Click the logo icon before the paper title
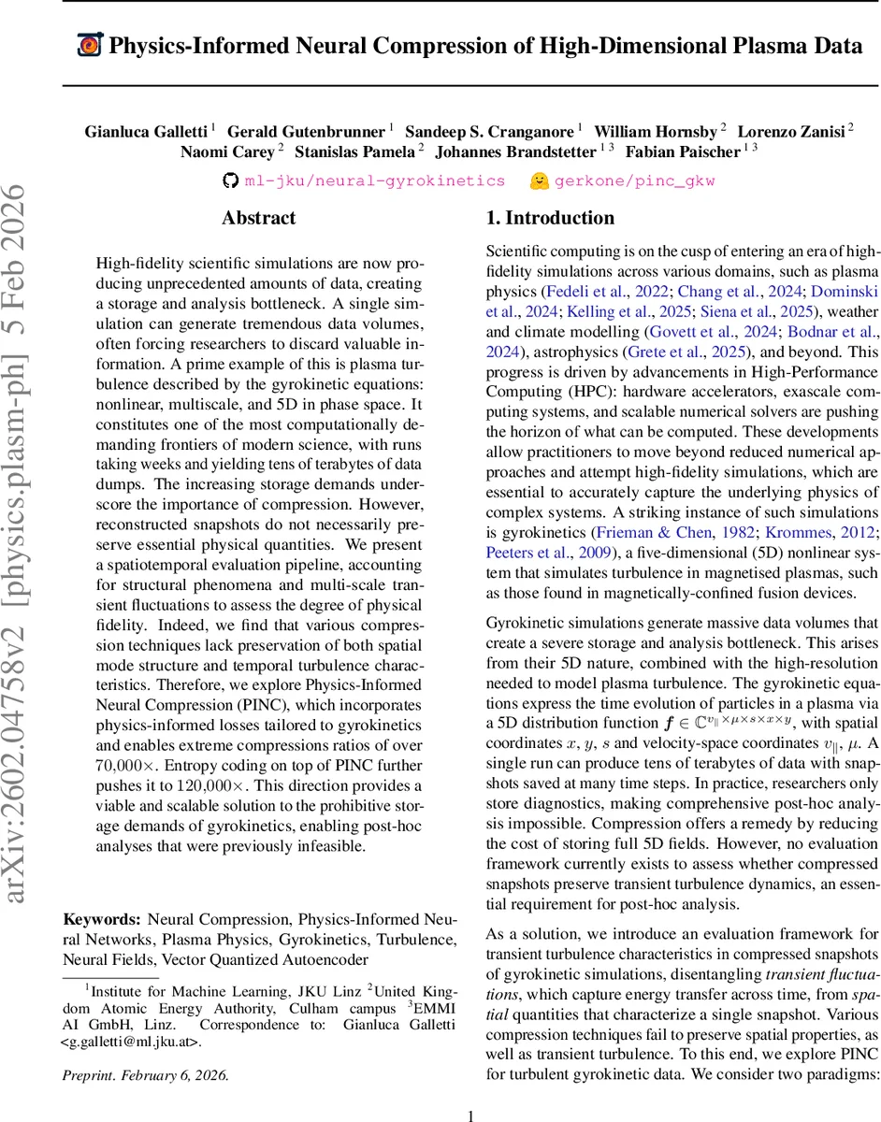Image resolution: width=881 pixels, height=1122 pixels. [89, 45]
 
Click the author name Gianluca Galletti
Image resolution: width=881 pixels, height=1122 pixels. [146, 131]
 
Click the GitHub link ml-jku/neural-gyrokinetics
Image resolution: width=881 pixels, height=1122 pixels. [375, 180]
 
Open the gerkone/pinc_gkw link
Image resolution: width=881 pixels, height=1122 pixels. [635, 180]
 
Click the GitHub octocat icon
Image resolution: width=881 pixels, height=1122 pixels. [231, 180]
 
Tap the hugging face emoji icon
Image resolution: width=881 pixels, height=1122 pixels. [539, 180]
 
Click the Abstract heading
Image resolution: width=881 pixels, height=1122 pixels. [258, 219]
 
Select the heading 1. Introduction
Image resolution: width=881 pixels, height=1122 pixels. [550, 219]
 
